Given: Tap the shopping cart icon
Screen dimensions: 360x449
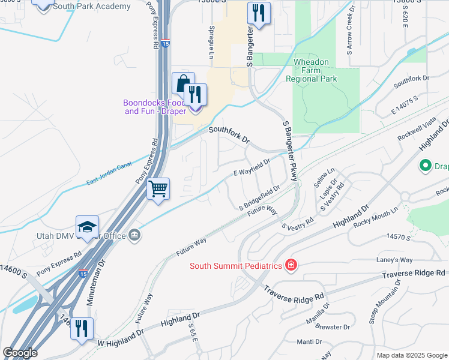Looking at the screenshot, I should (x=158, y=189).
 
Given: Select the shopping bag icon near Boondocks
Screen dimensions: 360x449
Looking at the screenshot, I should (x=182, y=83).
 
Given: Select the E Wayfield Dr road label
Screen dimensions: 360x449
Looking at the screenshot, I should (x=252, y=166).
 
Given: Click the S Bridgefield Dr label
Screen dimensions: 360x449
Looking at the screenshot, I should (x=259, y=197).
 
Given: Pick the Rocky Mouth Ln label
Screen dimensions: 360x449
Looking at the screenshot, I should (x=376, y=218).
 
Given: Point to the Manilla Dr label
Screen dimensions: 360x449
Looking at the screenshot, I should (x=318, y=312).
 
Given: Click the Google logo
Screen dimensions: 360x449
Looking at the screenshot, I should (x=20, y=352).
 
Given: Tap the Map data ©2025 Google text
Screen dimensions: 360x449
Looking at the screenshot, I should (x=411, y=355).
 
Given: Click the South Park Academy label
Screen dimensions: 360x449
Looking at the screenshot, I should (x=91, y=7).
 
